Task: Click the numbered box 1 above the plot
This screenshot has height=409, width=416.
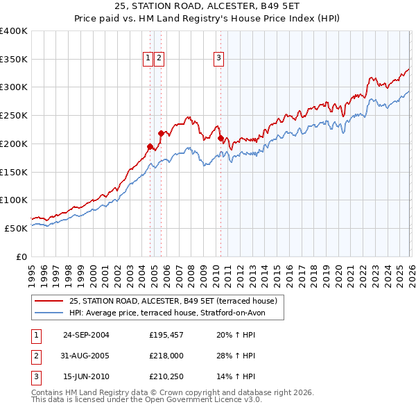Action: [148, 59]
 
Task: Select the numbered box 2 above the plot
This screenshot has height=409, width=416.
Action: [159, 59]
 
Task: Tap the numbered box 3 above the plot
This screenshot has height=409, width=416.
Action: [218, 59]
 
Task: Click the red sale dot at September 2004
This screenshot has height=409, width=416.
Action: [150, 146]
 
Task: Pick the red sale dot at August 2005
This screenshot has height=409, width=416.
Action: [161, 133]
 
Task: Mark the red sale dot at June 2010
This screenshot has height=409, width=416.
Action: [220, 138]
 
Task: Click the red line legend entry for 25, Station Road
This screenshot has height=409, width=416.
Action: [173, 301]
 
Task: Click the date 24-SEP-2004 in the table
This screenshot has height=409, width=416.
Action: [86, 335]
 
